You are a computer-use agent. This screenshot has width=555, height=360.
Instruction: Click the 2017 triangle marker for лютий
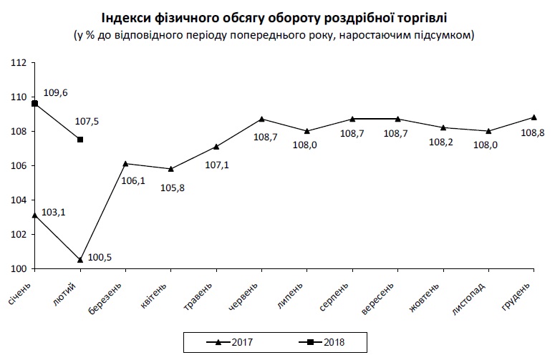[x=80, y=260]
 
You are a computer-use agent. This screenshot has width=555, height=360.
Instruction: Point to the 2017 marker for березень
[x=125, y=163]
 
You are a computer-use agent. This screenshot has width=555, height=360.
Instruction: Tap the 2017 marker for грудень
[x=534, y=117]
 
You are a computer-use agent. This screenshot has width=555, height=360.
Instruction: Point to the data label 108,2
[x=442, y=142]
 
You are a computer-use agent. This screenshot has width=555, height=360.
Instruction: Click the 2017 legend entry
[x=231, y=342]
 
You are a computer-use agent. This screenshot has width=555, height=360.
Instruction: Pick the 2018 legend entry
[x=322, y=342]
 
